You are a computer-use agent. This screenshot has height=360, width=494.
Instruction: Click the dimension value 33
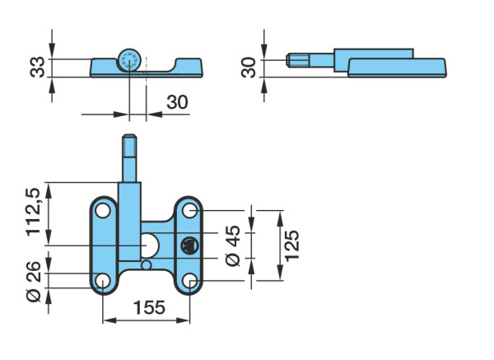(37, 67)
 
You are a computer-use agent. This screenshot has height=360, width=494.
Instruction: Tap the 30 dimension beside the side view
(249, 68)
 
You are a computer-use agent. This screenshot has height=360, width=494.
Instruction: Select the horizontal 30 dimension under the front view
(177, 102)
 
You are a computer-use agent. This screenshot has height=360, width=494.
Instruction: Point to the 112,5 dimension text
(33, 212)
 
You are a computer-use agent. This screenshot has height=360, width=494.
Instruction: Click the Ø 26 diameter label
(34, 282)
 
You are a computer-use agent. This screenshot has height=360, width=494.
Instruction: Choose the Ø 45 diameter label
(233, 245)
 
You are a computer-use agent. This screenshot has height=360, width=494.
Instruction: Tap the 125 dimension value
(292, 245)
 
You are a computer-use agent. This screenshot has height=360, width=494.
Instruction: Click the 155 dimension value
(149, 307)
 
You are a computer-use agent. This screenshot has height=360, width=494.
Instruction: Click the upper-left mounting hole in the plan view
(103, 211)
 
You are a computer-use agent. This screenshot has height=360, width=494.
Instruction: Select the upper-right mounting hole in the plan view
(190, 210)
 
